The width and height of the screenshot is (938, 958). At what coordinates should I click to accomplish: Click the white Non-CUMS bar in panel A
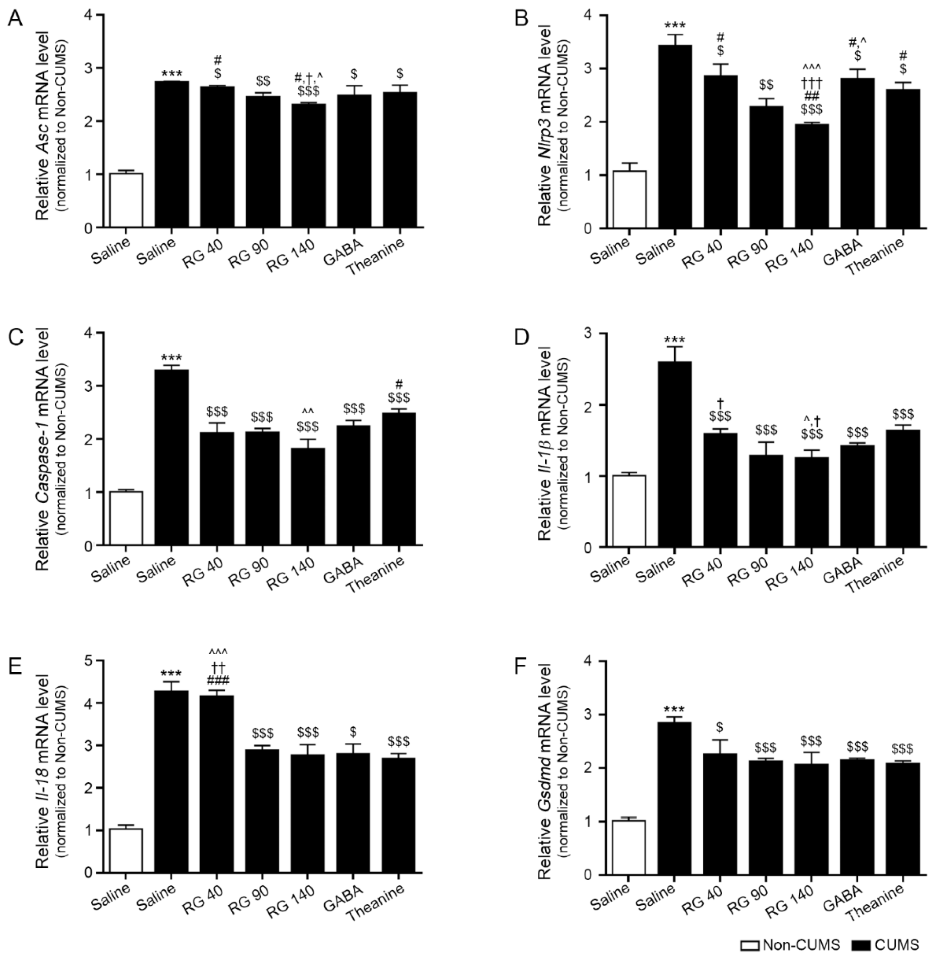pyautogui.click(x=126, y=200)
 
